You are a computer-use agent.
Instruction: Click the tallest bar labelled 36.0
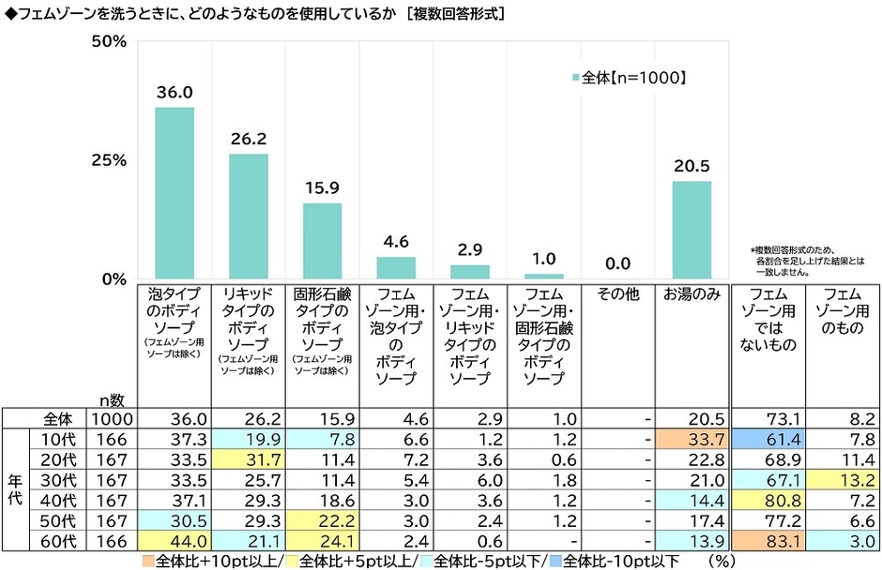pos(175,193)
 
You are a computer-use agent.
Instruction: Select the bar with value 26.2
pos(249,217)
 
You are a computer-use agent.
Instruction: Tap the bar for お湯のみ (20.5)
pos(692,230)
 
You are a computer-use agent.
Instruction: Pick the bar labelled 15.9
pos(322,241)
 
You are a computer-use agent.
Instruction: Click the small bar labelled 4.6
pos(396,268)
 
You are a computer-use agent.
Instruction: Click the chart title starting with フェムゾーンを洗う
pos(253,14)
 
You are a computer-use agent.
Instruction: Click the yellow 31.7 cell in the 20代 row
pos(249,457)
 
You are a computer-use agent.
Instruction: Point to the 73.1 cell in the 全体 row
pos(768,418)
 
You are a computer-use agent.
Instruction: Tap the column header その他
pos(617,294)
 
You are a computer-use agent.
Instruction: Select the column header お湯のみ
pos(692,294)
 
